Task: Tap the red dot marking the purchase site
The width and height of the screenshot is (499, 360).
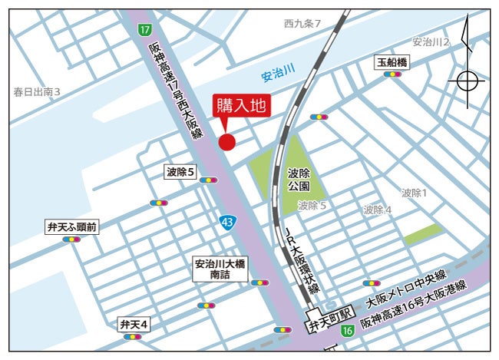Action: coord(226,141)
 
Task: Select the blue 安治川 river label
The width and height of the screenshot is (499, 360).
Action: coord(278,75)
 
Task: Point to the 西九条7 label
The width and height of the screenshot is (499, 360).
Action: coord(302,24)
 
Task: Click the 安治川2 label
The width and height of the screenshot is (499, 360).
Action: coord(430,41)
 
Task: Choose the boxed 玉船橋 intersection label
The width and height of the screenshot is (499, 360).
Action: coord(392,61)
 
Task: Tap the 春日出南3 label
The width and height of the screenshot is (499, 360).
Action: coord(37,92)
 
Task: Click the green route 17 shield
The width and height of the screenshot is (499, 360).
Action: coord(144,29)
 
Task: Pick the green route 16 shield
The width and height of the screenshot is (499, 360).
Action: coord(347,330)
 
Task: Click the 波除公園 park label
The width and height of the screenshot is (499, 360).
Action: coord(299,180)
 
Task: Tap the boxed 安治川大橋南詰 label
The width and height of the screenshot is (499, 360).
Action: coord(220,269)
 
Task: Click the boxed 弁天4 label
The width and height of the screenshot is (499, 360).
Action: coord(134,324)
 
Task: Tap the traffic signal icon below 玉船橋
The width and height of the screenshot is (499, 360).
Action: coord(392,74)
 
